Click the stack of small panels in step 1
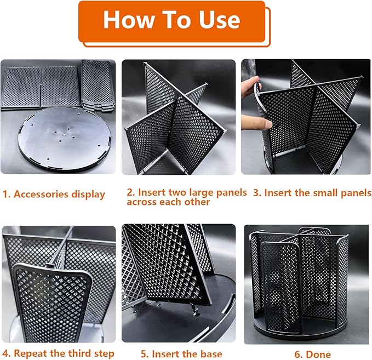(98, 85)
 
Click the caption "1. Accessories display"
(54, 194)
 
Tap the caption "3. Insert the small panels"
(312, 193)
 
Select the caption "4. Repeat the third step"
(58, 353)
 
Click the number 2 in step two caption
(130, 193)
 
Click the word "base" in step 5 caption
(210, 354)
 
